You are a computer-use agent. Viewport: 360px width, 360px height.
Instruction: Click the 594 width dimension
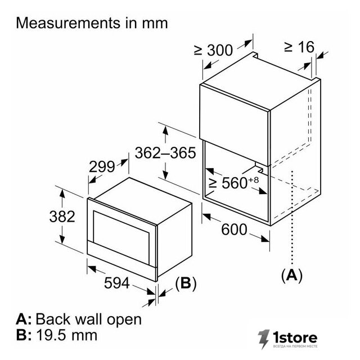pyautogui.click(x=117, y=283)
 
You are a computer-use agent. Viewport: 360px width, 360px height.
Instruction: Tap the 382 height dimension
pyautogui.click(x=62, y=217)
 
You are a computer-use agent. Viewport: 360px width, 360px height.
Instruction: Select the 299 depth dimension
pyautogui.click(x=102, y=167)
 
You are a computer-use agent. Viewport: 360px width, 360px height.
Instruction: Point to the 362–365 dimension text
pyautogui.click(x=165, y=153)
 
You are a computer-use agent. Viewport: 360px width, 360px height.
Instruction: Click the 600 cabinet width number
pyautogui.click(x=234, y=229)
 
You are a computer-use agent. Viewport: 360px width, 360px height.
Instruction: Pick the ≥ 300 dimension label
pyautogui.click(x=213, y=50)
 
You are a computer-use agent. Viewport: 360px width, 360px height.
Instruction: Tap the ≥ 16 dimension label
pyautogui.click(x=299, y=47)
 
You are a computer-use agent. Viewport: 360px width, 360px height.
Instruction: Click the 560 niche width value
pyautogui.click(x=234, y=183)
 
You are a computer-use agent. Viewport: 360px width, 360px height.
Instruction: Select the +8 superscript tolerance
pyautogui.click(x=253, y=180)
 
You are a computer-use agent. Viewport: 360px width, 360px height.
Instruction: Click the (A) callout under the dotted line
pyautogui.click(x=292, y=275)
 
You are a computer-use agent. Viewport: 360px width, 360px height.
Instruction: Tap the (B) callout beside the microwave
pyautogui.click(x=186, y=283)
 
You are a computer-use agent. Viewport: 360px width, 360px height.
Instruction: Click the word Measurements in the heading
pyautogui.click(x=68, y=23)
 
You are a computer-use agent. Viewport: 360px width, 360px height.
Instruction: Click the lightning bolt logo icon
pyautogui.click(x=263, y=339)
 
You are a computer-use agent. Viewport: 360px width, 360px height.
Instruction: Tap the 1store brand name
pyautogui.click(x=295, y=337)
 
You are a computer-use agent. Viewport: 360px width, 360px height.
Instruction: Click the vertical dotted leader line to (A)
pyautogui.click(x=292, y=218)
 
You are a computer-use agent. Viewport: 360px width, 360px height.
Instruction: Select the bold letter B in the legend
pyautogui.click(x=22, y=335)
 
